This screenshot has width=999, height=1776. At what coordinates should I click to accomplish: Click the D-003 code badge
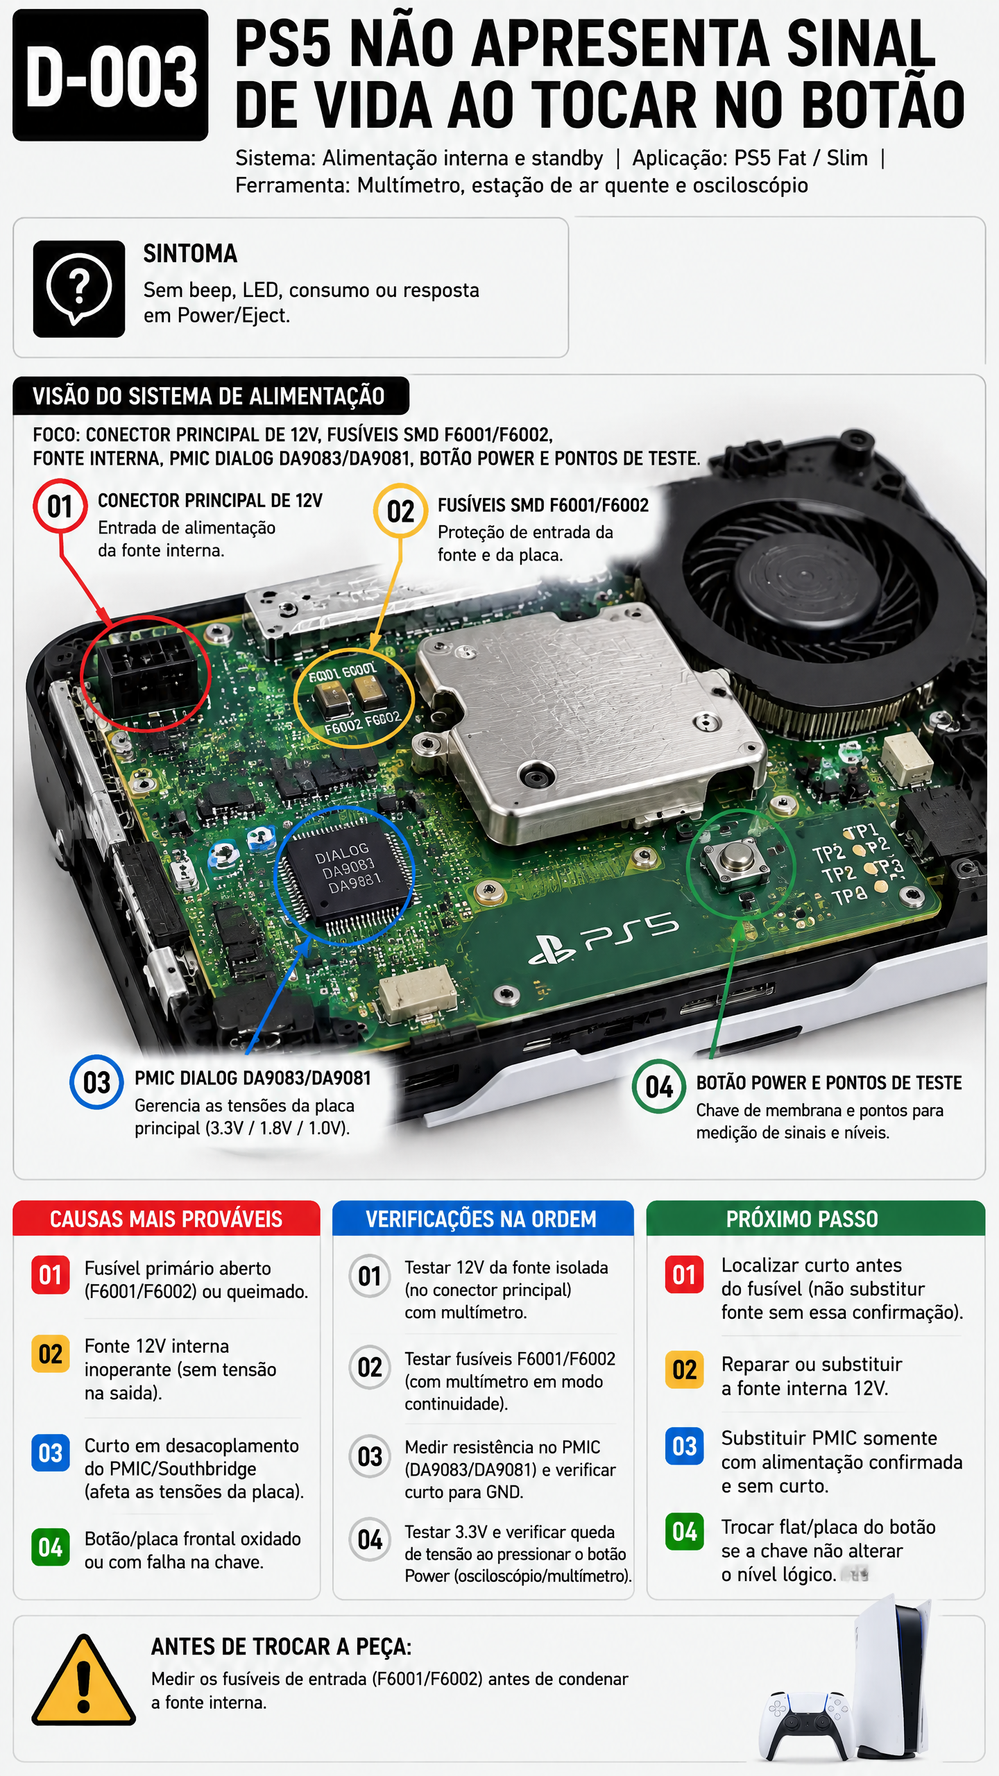click(110, 75)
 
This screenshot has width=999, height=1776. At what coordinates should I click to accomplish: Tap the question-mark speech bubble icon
click(79, 289)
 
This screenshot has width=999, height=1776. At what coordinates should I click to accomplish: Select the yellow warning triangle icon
click(84, 1680)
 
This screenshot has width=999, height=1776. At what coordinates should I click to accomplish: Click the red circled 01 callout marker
click(60, 506)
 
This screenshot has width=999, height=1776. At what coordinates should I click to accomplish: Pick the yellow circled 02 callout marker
click(400, 511)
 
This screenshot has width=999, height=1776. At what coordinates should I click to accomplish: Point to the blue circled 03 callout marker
click(96, 1082)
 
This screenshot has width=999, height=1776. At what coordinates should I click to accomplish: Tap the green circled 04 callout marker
click(659, 1086)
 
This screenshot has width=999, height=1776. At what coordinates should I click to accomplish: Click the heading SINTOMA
click(190, 254)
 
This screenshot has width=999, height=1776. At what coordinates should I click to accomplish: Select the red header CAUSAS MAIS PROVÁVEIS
click(166, 1219)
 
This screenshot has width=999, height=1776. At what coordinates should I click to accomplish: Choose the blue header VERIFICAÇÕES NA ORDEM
click(481, 1219)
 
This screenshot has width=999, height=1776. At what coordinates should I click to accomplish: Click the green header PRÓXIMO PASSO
click(802, 1219)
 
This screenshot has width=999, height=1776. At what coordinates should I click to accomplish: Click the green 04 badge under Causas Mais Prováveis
click(51, 1548)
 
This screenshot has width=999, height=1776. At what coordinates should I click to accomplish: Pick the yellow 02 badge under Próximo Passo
click(685, 1369)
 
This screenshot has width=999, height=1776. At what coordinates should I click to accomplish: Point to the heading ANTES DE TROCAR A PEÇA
click(282, 1647)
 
